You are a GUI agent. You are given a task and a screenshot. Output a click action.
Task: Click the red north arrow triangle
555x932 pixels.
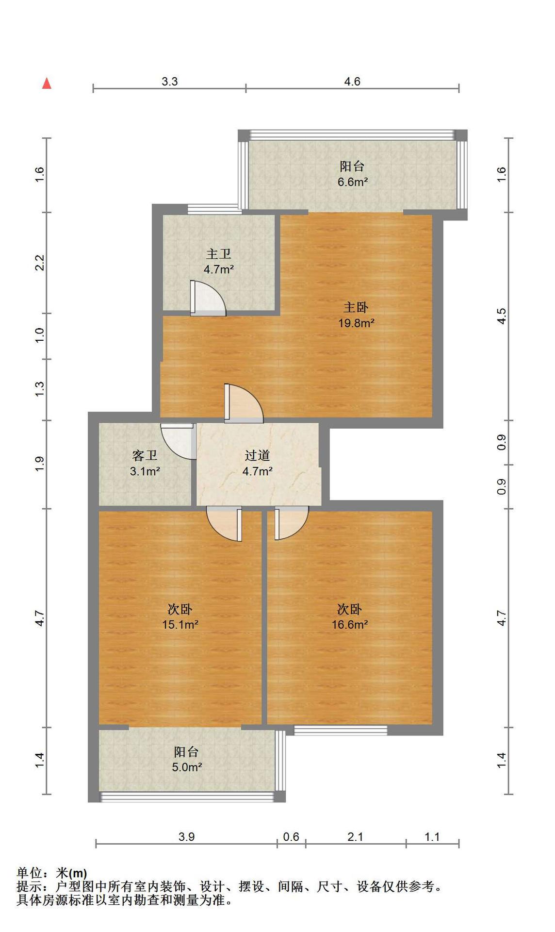(x=47, y=83)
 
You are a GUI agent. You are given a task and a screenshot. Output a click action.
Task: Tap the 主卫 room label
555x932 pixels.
(x=218, y=254)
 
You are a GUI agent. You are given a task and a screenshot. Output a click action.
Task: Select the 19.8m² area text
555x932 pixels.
(x=356, y=323)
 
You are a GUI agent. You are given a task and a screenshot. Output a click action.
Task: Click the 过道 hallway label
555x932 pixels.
(x=257, y=455)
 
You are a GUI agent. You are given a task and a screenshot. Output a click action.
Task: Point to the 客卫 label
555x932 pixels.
(x=145, y=455)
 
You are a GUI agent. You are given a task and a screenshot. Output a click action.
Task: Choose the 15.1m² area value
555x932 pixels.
(x=180, y=624)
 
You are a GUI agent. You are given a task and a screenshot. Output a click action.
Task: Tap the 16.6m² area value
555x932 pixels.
(x=349, y=624)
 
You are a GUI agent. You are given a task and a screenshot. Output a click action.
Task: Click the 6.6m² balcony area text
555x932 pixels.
(x=353, y=182)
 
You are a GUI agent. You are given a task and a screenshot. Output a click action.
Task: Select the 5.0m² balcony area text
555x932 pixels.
(x=187, y=767)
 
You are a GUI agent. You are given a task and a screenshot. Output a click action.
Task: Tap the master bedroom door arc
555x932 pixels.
(x=244, y=403)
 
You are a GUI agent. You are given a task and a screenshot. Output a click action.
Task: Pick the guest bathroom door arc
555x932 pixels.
(x=178, y=442)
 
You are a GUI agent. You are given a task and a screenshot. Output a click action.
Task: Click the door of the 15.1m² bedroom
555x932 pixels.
(x=224, y=524)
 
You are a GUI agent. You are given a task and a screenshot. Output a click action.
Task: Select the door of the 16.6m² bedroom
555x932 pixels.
(x=292, y=523)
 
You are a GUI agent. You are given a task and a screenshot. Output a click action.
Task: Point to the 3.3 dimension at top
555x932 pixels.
(x=170, y=81)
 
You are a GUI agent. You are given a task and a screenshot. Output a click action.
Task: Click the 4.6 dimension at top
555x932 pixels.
(x=352, y=81)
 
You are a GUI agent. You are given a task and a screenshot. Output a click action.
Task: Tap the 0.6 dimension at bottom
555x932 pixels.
(x=291, y=836)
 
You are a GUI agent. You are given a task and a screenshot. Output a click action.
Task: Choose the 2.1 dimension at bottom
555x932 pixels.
(x=356, y=836)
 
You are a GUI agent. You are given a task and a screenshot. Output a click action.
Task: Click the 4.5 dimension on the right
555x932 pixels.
(x=502, y=316)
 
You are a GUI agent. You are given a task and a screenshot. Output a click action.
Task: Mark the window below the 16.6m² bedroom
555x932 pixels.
(x=341, y=730)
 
